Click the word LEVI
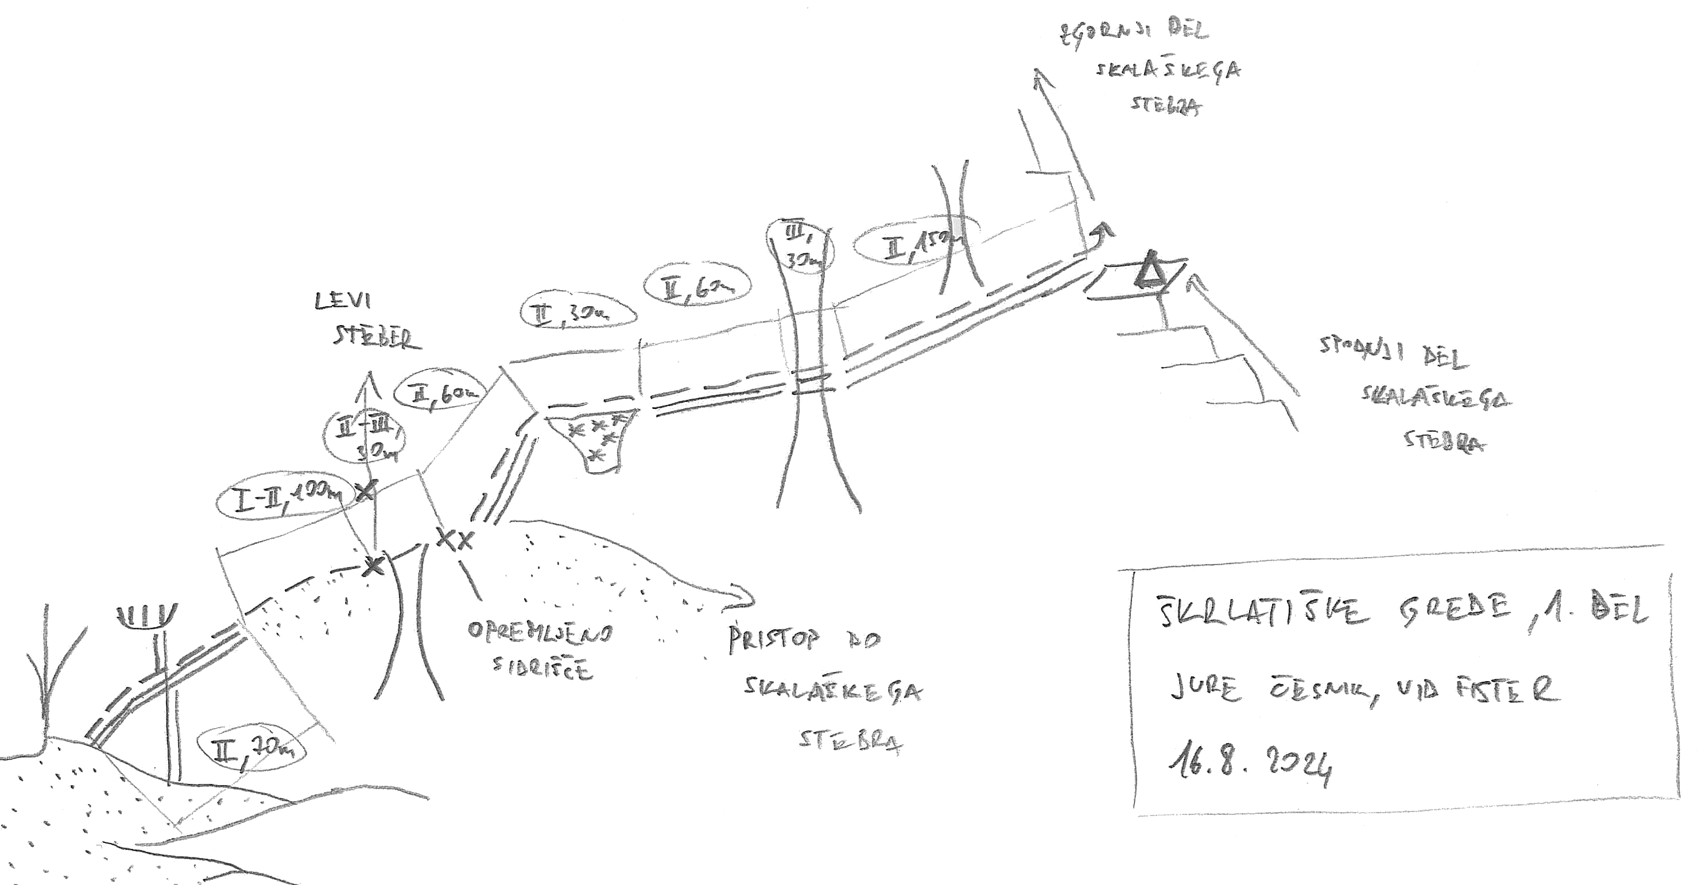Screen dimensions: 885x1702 (342, 302)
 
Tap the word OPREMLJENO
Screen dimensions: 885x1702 (540, 632)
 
